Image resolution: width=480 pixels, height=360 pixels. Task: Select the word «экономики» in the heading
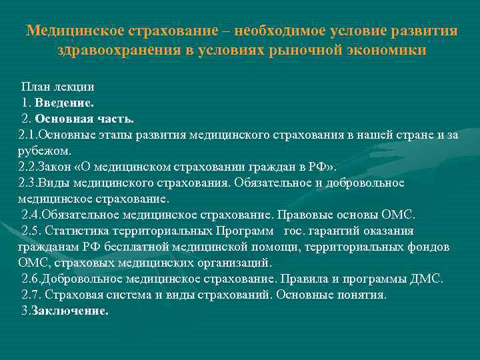[x=385, y=51]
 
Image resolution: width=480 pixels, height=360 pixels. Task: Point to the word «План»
[x=35, y=87]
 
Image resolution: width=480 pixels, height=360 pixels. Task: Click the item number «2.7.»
[x=31, y=295]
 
